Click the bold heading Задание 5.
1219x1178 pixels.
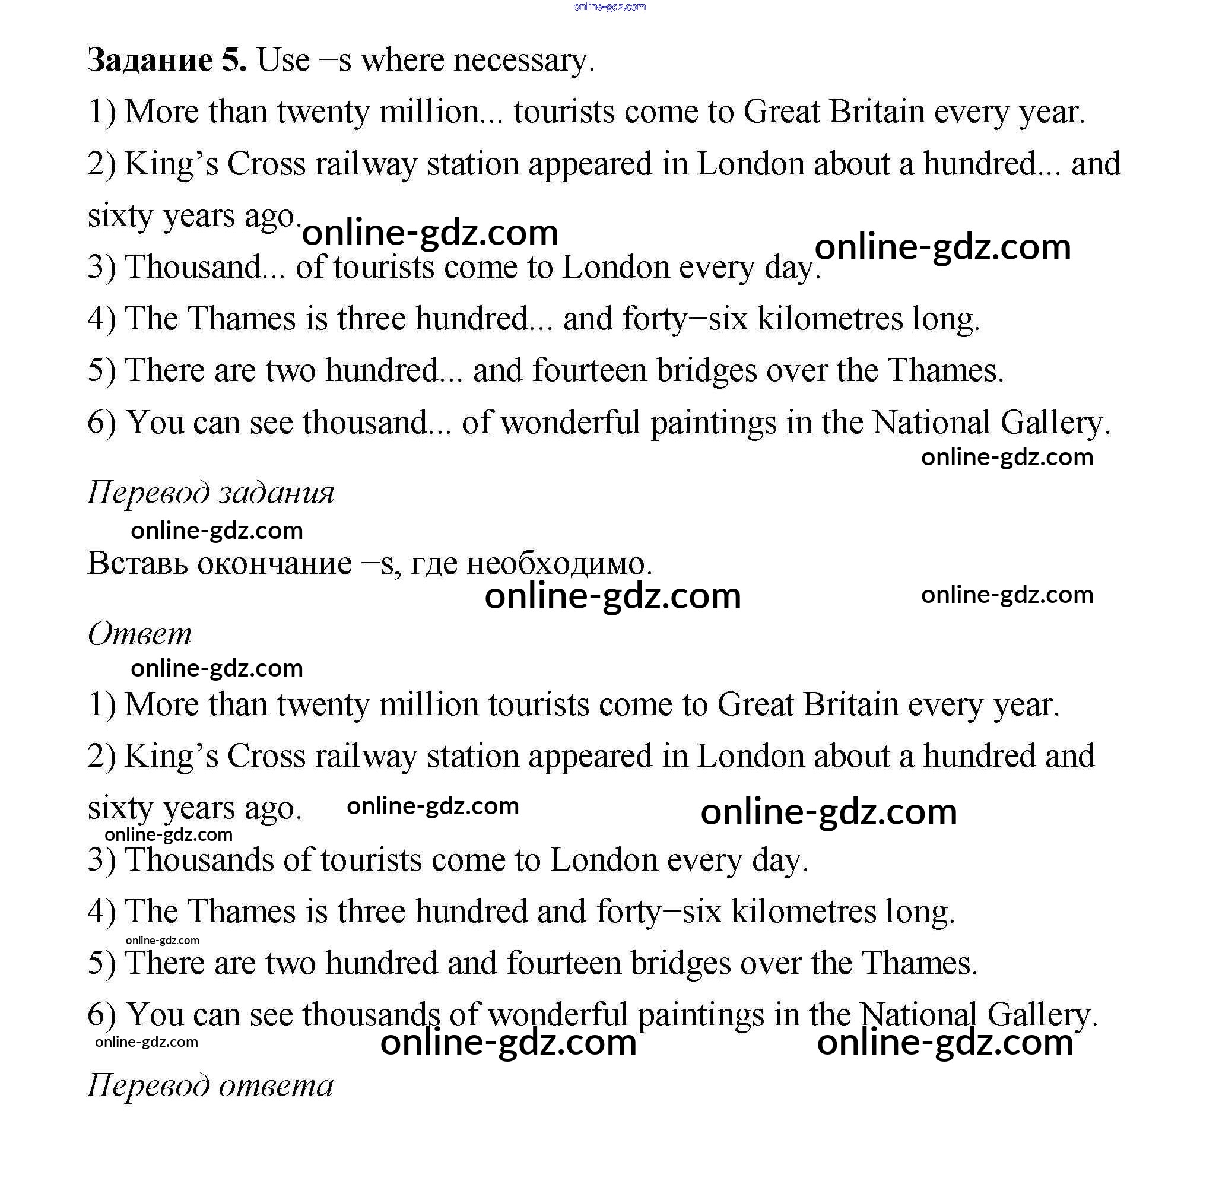click(x=167, y=61)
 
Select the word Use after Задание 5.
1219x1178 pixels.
click(x=283, y=61)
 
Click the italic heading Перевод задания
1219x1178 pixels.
click(x=210, y=493)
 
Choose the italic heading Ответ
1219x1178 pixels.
click(x=139, y=634)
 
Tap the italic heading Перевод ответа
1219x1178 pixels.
click(x=210, y=1086)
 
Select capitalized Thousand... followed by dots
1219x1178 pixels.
click(x=205, y=268)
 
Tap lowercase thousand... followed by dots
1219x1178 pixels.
click(x=376, y=423)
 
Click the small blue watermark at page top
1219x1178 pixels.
click(x=609, y=7)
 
